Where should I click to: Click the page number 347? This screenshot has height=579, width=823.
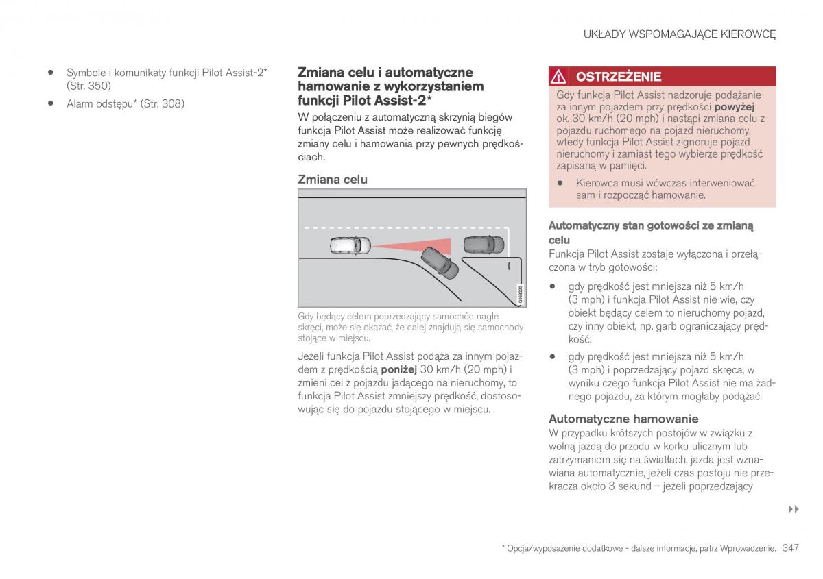(x=790, y=547)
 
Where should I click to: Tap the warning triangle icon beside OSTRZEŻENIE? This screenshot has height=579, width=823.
(x=560, y=76)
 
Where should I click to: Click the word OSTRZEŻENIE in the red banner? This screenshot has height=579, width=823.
(x=618, y=76)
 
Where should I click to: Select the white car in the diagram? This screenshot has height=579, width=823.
(x=349, y=244)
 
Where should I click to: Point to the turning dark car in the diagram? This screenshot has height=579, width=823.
(x=440, y=262)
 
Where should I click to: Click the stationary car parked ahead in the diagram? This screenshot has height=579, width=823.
(x=484, y=245)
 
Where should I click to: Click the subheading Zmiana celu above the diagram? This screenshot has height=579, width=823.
(x=333, y=180)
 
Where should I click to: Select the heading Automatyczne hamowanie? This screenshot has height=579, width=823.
(x=623, y=419)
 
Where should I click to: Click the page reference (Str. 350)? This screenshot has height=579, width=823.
(x=88, y=86)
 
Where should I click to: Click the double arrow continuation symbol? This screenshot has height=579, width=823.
(x=794, y=509)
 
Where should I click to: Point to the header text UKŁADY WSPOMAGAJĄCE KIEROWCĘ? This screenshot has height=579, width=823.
(x=680, y=34)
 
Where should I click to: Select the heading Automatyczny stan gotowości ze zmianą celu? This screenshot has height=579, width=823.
(x=651, y=232)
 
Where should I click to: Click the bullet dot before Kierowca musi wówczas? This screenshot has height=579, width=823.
(x=560, y=183)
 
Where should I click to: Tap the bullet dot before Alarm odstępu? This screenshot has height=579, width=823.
(x=51, y=103)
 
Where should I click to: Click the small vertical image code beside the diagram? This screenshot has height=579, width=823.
(x=521, y=294)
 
